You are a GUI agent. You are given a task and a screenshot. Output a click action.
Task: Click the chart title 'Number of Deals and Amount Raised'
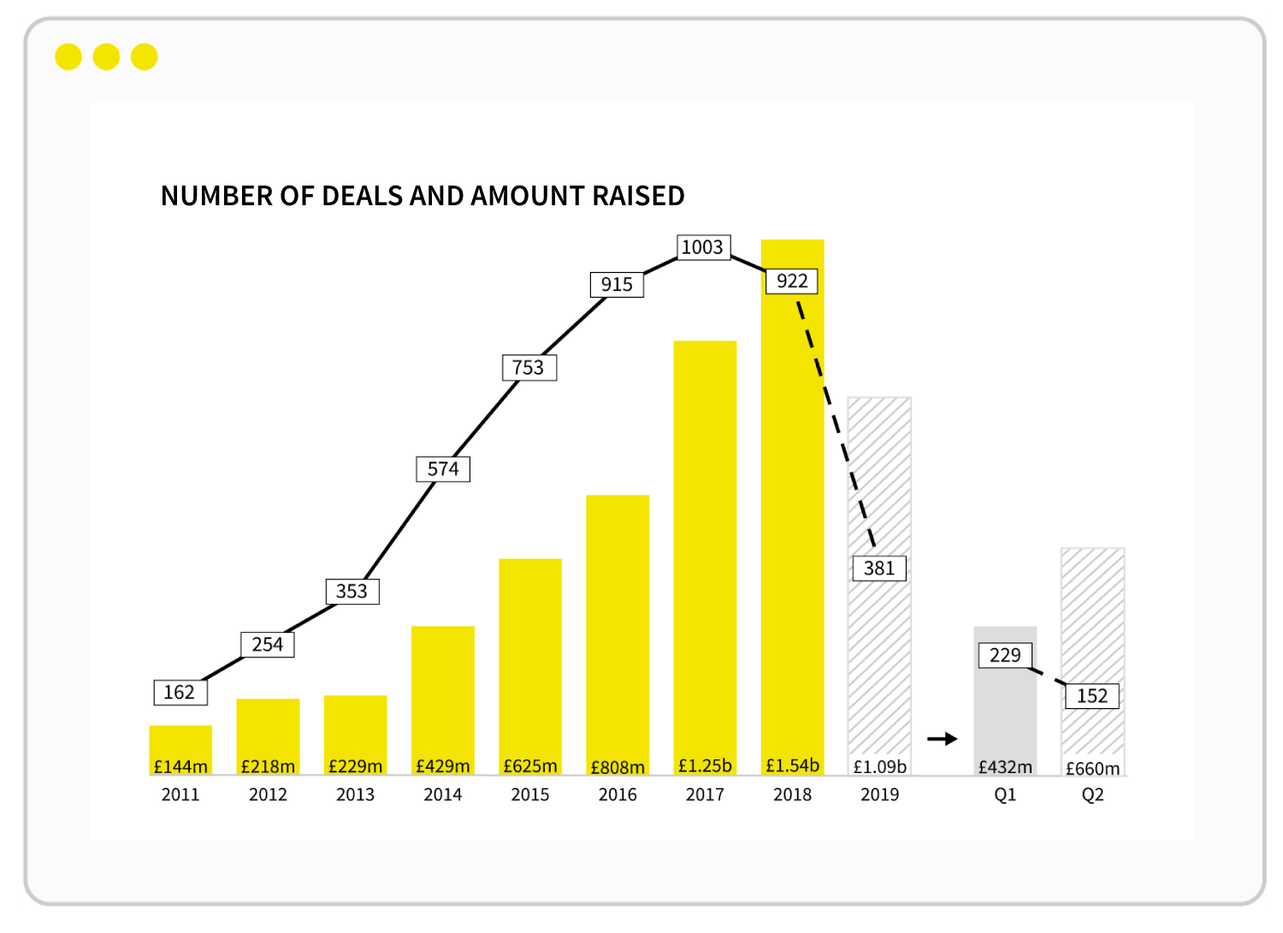pyautogui.click(x=423, y=196)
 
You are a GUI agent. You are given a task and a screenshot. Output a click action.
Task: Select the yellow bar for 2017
pyautogui.click(x=705, y=547)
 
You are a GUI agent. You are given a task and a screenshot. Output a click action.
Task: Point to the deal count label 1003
pyautogui.click(x=702, y=247)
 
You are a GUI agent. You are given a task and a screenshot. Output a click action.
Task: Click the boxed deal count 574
pyautogui.click(x=443, y=469)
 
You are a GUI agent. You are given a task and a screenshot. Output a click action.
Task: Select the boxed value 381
pyautogui.click(x=878, y=568)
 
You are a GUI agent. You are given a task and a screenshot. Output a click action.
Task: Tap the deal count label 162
pyautogui.click(x=180, y=692)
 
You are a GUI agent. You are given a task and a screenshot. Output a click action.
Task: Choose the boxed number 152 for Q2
pyautogui.click(x=1092, y=696)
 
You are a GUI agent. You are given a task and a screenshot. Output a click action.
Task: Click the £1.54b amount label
pyautogui.click(x=792, y=765)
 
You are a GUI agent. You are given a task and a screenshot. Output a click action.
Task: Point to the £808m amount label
pyautogui.click(x=618, y=767)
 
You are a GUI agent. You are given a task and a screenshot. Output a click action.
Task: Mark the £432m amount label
pyautogui.click(x=1005, y=767)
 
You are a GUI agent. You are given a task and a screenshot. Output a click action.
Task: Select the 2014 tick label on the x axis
pyautogui.click(x=443, y=794)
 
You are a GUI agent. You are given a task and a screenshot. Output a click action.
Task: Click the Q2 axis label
pyautogui.click(x=1092, y=794)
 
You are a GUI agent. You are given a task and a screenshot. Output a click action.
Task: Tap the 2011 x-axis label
pyautogui.click(x=180, y=794)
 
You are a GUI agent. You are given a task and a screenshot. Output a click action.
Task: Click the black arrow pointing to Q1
pyautogui.click(x=942, y=739)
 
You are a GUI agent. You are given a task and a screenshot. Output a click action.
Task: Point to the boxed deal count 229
pyautogui.click(x=1005, y=655)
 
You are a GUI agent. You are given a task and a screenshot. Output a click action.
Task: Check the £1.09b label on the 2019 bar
pyautogui.click(x=879, y=767)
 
